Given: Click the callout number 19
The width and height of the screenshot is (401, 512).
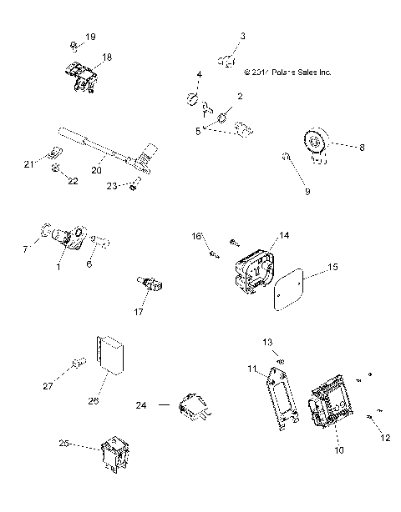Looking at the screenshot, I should tap(91, 38).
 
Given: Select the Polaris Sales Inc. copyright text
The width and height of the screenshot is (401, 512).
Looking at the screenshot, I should tap(287, 73).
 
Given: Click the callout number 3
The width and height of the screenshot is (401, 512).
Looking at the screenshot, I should tap(243, 36).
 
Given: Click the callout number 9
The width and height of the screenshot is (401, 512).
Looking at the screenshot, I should tap(307, 192).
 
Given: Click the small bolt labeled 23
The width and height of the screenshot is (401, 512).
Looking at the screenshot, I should tap(134, 186).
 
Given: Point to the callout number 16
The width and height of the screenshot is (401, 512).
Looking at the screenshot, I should tap(199, 237).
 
